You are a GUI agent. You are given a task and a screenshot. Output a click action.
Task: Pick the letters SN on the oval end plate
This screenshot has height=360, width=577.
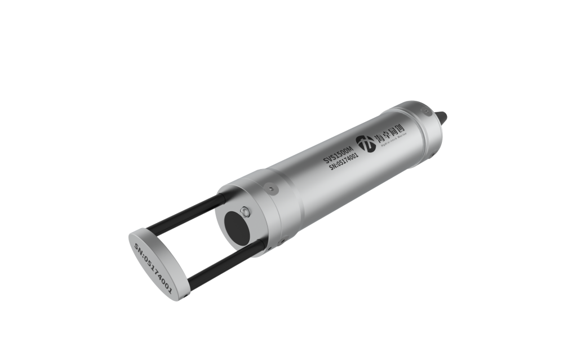pos(138,248)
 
